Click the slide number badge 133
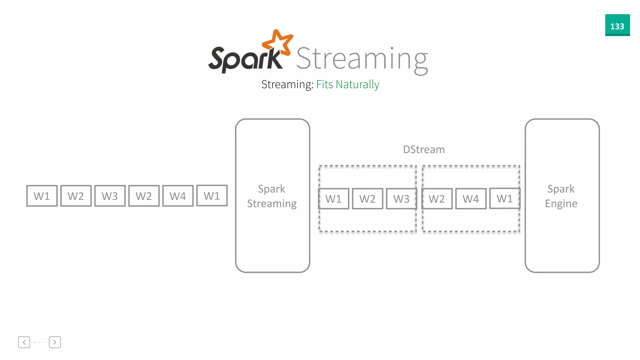[x=617, y=25]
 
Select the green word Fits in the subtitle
[x=324, y=84]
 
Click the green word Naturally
[x=357, y=84]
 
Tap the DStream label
[x=424, y=150]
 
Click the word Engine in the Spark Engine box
[x=561, y=204]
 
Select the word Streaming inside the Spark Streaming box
[x=272, y=204]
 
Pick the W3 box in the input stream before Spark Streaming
[x=110, y=196]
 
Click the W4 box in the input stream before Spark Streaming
[x=178, y=196]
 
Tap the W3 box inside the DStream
[x=401, y=199]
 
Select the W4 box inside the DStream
[x=471, y=199]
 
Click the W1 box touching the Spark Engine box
[x=505, y=198]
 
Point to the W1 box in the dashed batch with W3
[x=333, y=199]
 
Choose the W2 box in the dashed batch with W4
[x=437, y=199]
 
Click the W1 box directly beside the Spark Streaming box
[x=212, y=196]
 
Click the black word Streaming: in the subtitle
[x=287, y=84]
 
